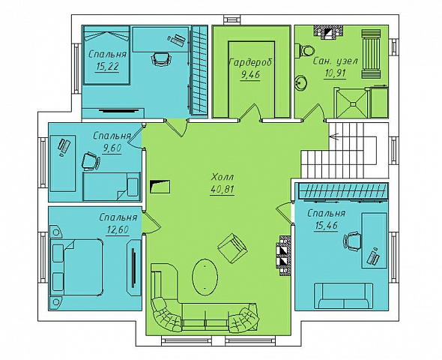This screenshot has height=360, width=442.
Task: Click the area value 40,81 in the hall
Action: click(222, 189)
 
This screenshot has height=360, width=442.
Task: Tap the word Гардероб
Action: click(251, 63)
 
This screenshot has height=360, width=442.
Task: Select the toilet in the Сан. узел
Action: click(305, 51)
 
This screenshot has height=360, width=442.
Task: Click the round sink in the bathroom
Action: click(301, 83)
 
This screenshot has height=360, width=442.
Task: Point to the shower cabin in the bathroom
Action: click(351, 103)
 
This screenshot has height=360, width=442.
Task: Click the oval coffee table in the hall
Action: click(205, 277)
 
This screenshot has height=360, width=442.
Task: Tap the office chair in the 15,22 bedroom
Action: click(161, 59)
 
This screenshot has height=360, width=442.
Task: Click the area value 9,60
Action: click(112, 148)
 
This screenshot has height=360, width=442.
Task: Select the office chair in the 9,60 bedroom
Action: click(91, 162)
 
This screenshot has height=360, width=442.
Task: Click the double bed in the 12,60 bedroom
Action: click(76, 267)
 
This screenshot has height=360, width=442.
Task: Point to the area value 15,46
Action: click(327, 226)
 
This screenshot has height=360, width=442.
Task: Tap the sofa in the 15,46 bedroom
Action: click(344, 295)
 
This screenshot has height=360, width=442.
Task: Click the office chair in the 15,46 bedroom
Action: click(352, 241)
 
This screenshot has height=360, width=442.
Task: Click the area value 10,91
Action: click(335, 73)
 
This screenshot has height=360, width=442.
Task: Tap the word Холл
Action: click(222, 177)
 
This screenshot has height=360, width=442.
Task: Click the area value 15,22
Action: click(107, 67)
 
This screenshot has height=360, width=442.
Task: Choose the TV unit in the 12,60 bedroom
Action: click(133, 268)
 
